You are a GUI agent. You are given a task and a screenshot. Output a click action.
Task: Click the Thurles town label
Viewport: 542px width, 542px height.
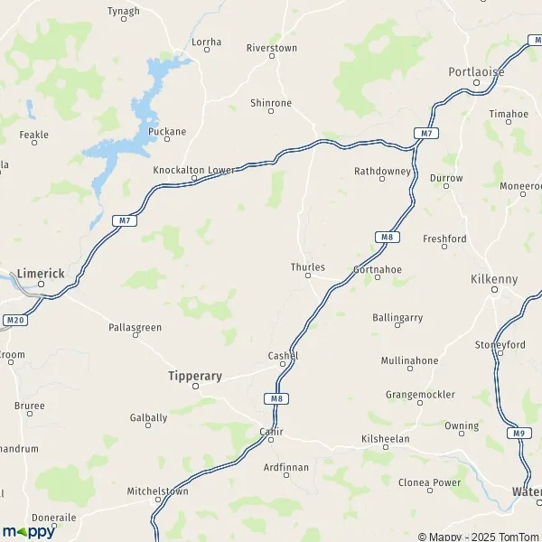click(x=307, y=267)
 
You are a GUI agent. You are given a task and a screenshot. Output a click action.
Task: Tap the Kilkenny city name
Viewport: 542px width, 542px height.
click(x=494, y=279)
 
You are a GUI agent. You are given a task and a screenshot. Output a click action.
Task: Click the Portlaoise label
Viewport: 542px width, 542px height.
click(x=476, y=71)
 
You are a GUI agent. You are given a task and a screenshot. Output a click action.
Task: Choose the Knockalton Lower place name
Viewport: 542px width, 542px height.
click(x=193, y=169)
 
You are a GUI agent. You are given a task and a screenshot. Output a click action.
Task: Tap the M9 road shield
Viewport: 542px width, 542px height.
click(x=518, y=434)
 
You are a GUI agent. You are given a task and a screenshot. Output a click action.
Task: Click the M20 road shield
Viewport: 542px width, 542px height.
click(x=13, y=320)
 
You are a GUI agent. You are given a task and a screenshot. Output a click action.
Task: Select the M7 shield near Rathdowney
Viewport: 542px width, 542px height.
click(x=426, y=134)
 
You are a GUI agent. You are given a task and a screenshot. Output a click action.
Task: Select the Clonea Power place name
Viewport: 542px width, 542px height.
click(x=429, y=482)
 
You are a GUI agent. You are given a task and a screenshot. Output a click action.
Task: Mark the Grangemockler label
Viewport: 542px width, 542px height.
click(x=420, y=395)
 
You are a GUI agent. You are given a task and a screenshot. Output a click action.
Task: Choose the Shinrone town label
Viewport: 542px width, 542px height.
click(x=271, y=103)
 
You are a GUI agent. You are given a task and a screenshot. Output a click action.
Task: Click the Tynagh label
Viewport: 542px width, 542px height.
click(x=124, y=11)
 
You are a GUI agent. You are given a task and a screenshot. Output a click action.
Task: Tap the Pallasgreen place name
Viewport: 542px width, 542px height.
click(x=135, y=326)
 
